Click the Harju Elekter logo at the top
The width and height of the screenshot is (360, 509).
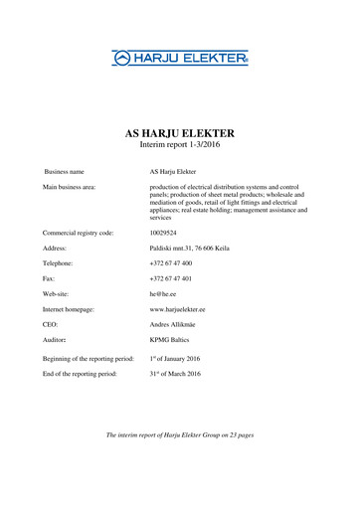tap(179, 60)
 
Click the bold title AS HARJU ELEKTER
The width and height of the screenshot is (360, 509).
tap(179, 132)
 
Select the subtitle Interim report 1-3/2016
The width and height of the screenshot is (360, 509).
tap(179, 145)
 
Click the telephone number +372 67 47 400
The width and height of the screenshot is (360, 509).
tap(171, 263)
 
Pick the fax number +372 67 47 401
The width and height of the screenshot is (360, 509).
tap(171, 279)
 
